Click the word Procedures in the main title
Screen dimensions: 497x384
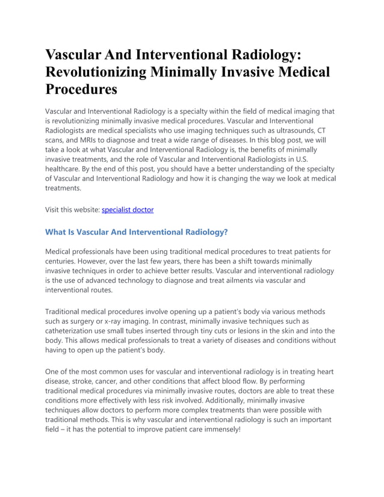click(x=81, y=90)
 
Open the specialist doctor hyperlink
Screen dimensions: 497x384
click(x=128, y=210)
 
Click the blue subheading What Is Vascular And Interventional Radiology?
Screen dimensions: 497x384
click(x=137, y=232)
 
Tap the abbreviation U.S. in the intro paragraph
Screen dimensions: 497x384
click(x=326, y=159)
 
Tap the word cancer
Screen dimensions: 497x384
click(x=114, y=381)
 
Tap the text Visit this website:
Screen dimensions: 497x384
click(x=72, y=210)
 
